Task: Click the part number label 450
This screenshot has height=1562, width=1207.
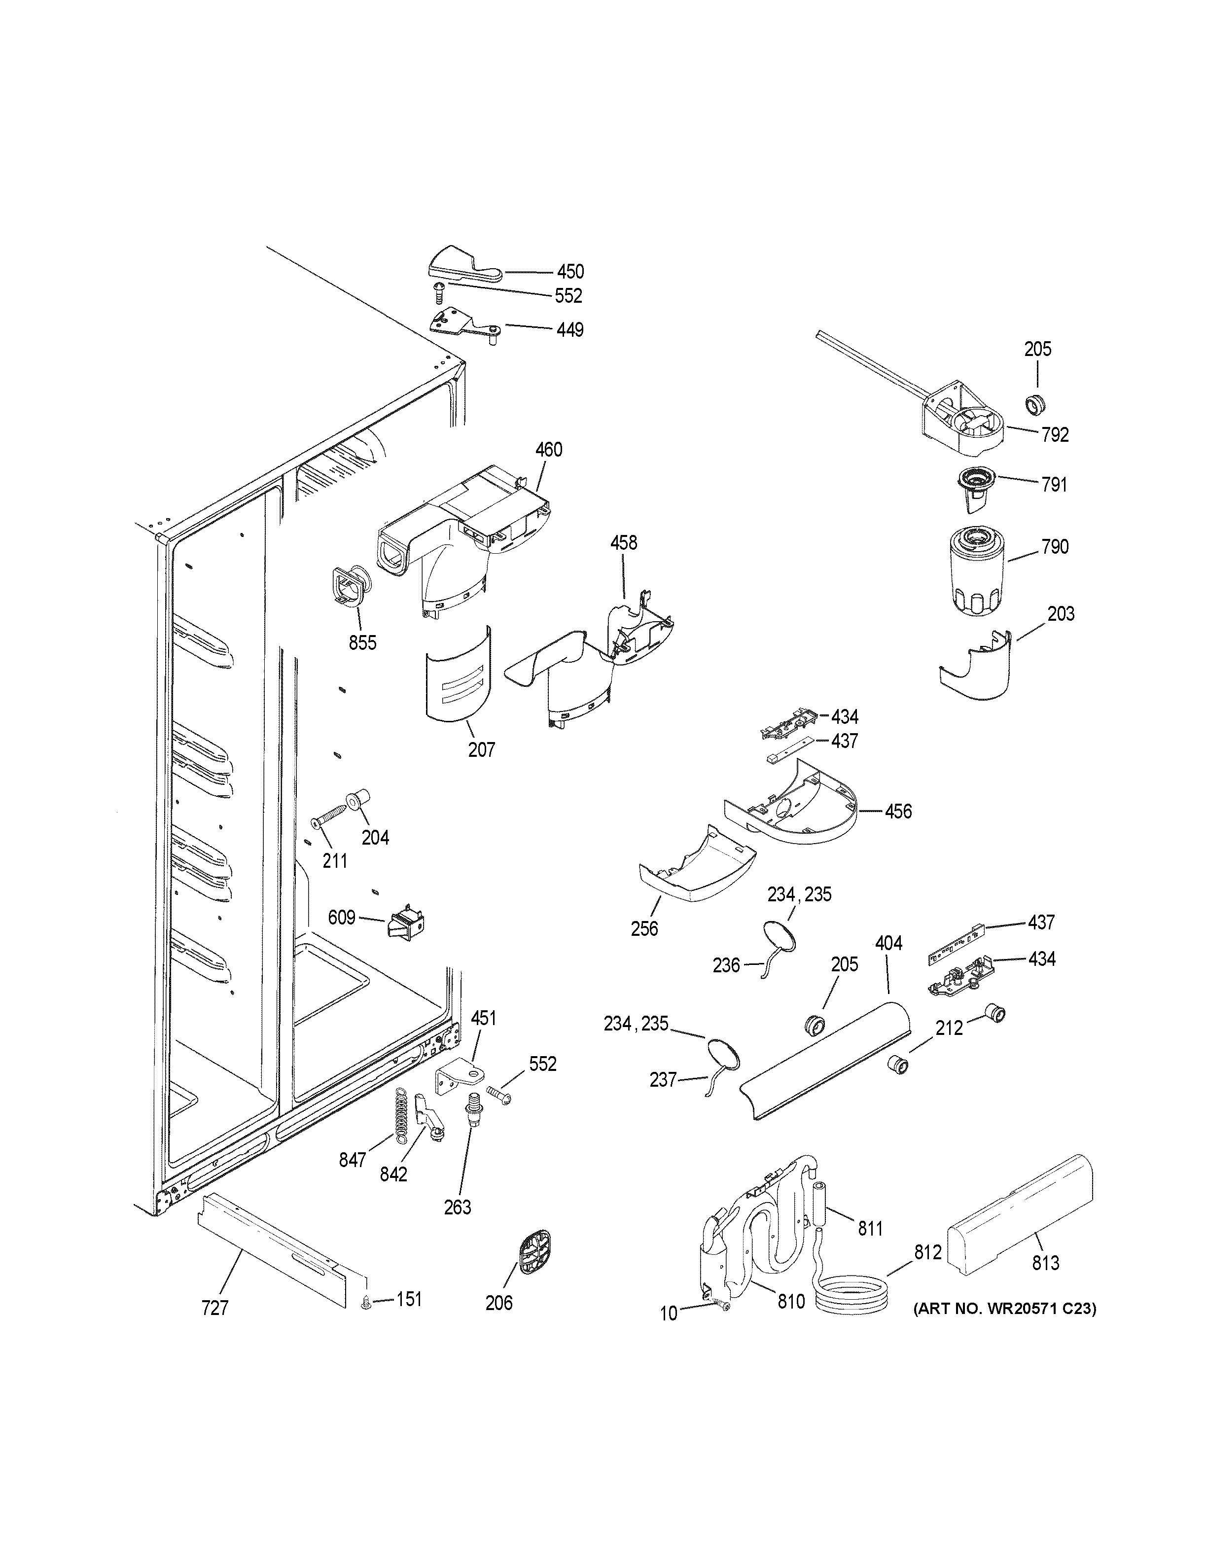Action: point(570,272)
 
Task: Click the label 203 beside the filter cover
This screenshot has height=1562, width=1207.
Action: point(1061,614)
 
